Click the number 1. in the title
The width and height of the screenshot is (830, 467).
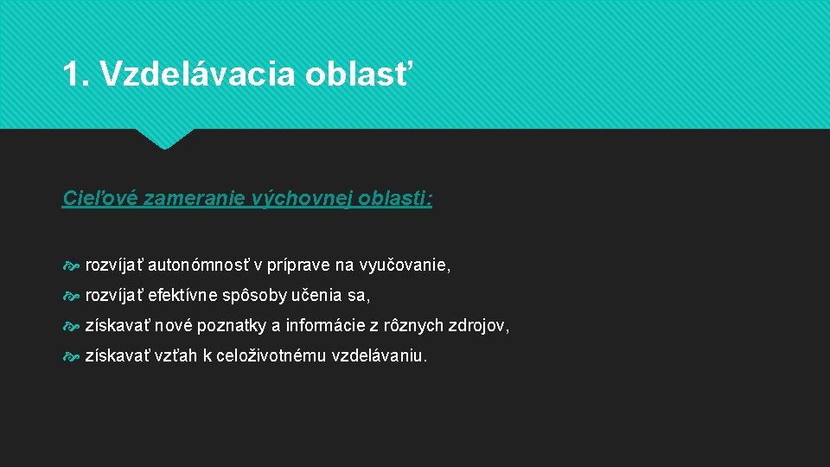coord(76,74)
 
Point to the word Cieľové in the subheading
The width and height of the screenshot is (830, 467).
coord(95,199)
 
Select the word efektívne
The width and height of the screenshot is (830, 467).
coord(183,297)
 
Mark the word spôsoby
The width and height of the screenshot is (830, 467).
coord(255,297)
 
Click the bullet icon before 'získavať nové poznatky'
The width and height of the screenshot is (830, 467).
coord(71,327)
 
